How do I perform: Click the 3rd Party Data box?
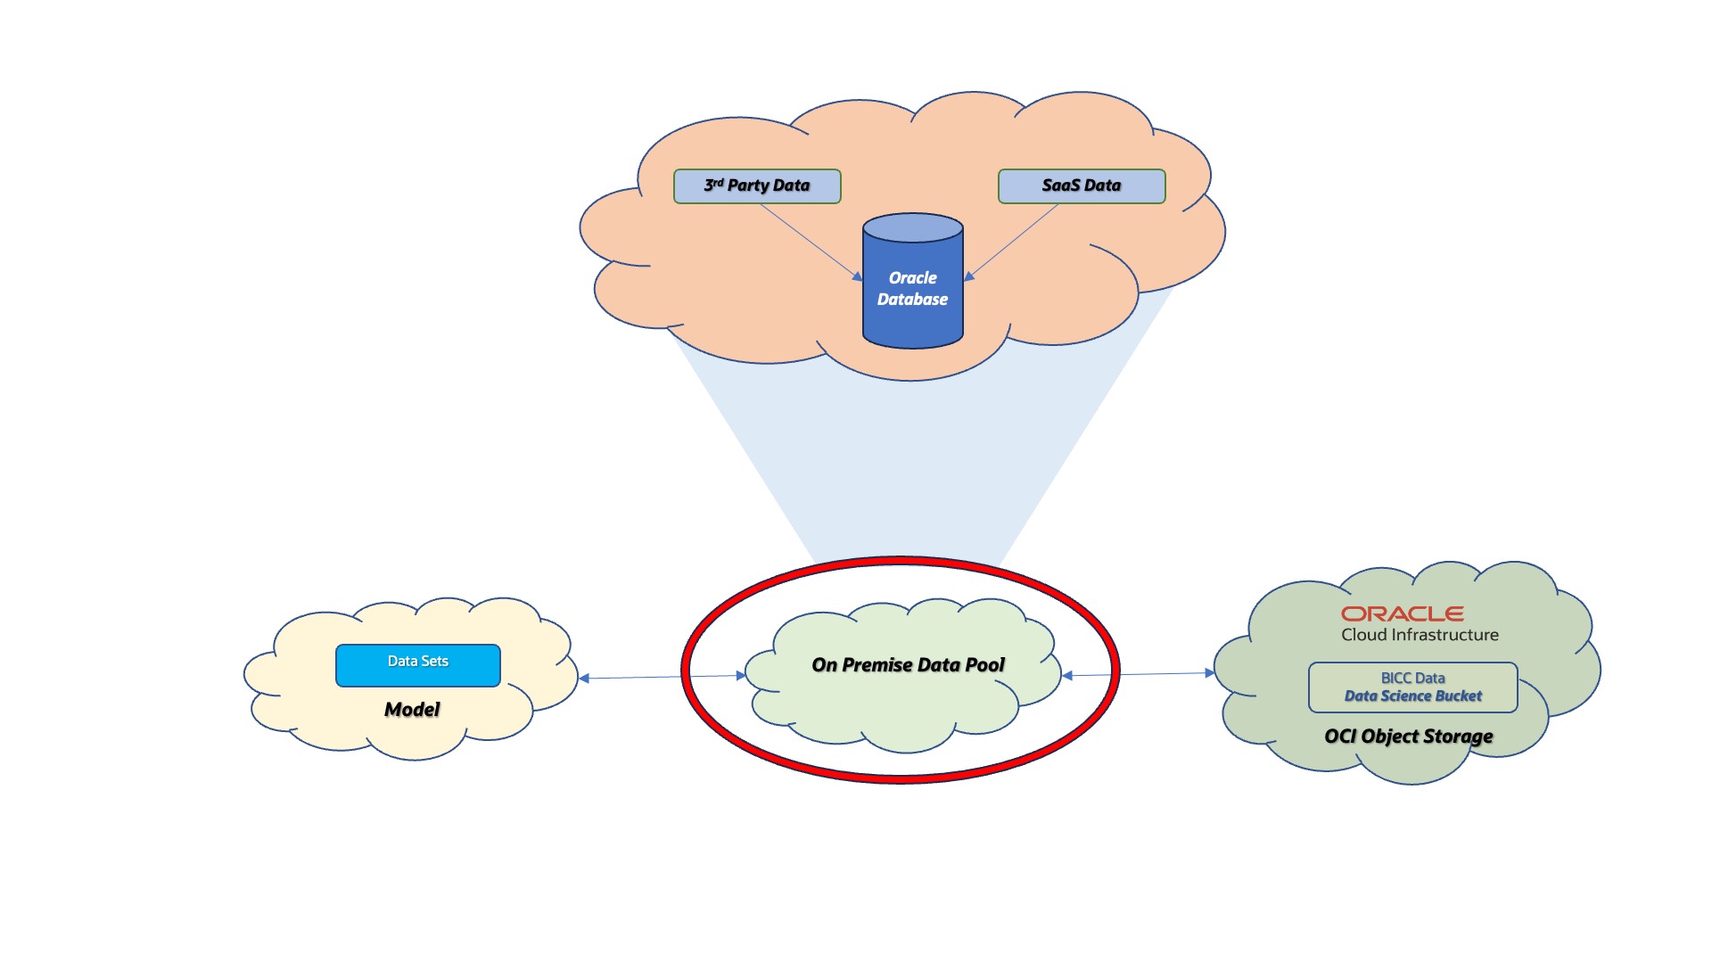(x=757, y=186)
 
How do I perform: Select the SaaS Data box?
(x=1081, y=186)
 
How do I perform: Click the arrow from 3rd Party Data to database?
(x=810, y=242)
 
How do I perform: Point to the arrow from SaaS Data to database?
(x=1013, y=242)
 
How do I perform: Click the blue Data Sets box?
(x=417, y=665)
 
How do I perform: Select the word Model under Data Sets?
(x=412, y=710)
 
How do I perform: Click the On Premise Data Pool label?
(x=908, y=665)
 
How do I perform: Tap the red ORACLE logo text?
(x=1402, y=613)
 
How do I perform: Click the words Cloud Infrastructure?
(x=1420, y=635)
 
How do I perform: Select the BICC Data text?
(x=1412, y=679)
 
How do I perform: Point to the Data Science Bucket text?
(x=1412, y=696)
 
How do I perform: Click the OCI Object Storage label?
(x=1408, y=737)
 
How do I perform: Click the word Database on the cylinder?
(x=912, y=300)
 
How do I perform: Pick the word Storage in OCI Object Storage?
(x=1458, y=737)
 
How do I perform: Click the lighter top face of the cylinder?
(x=912, y=228)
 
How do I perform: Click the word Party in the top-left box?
(x=747, y=185)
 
